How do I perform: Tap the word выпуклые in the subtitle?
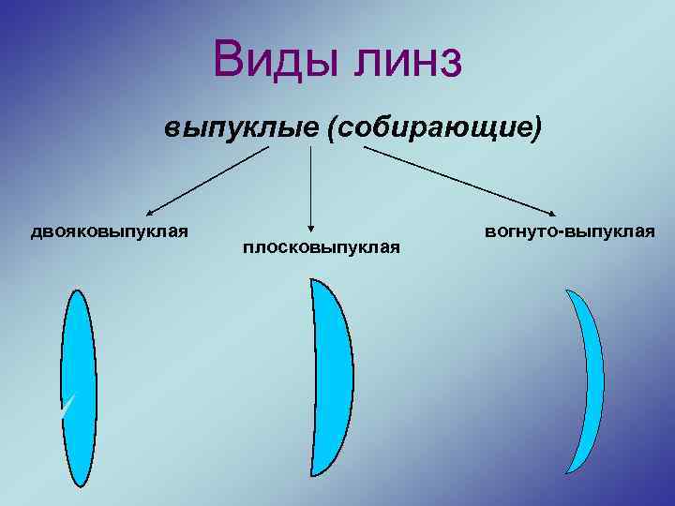[241, 127]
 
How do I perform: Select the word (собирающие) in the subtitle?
[434, 128]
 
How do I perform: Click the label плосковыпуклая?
[322, 247]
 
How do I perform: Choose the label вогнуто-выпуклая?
[570, 230]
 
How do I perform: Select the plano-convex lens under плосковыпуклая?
[330, 384]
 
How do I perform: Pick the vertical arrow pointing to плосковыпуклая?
[310, 187]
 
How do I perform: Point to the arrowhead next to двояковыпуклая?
[150, 214]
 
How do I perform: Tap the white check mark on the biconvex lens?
[65, 404]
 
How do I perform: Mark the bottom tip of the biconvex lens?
[78, 484]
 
